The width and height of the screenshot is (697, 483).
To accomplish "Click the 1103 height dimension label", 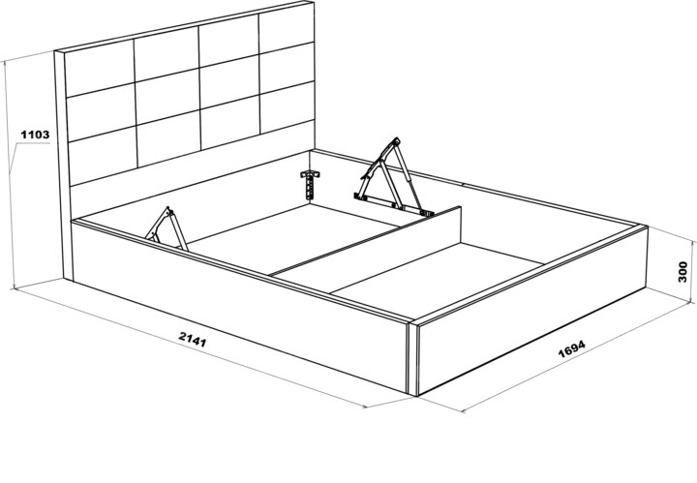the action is (35, 135).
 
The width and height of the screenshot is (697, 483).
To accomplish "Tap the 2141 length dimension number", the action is (193, 339).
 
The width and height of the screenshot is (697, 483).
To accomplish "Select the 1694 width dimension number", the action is (572, 348).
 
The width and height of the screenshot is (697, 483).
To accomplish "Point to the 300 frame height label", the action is (682, 272).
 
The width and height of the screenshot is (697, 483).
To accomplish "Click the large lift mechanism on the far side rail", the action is (391, 178).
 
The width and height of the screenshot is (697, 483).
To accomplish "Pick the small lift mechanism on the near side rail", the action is (166, 228).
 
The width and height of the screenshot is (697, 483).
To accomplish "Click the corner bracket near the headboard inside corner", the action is (311, 183).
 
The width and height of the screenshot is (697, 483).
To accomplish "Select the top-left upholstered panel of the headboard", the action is (100, 68).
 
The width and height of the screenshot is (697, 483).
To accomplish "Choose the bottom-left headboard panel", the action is (104, 155).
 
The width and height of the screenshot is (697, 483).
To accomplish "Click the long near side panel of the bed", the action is (240, 307).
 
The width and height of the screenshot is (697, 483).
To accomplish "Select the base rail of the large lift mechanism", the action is (393, 205).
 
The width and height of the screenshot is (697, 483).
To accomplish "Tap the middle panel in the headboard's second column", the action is (167, 96).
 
